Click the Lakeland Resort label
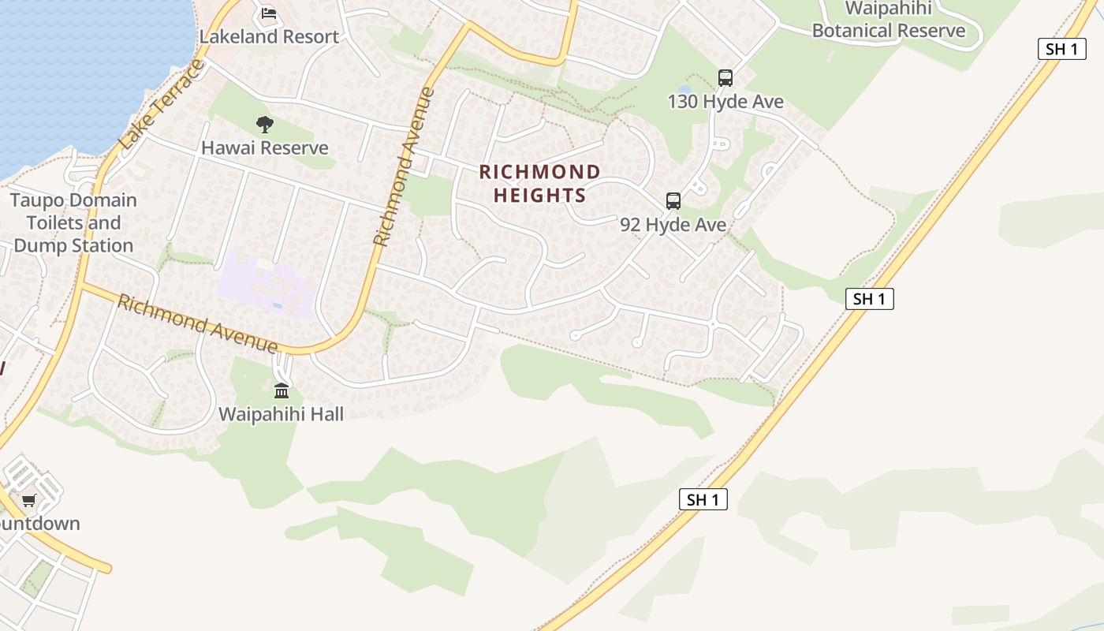pyautogui.click(x=269, y=36)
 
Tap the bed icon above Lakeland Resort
pyautogui.click(x=269, y=13)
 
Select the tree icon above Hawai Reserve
pyautogui.click(x=265, y=124)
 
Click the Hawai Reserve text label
pyautogui.click(x=265, y=147)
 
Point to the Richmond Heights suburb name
pyautogui.click(x=539, y=183)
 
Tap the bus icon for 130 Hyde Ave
pyautogui.click(x=725, y=78)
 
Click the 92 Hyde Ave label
pyautogui.click(x=673, y=225)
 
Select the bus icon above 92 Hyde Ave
pyautogui.click(x=673, y=200)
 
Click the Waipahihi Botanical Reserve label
pyautogui.click(x=889, y=20)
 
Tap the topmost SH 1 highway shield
pyautogui.click(x=1061, y=49)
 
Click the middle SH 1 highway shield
pyautogui.click(x=870, y=299)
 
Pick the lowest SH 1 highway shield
pyautogui.click(x=703, y=499)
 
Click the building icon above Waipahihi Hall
pyautogui.click(x=282, y=390)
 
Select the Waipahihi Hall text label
pyautogui.click(x=282, y=413)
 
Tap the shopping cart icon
pyautogui.click(x=29, y=500)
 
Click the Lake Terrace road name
pyautogui.click(x=162, y=103)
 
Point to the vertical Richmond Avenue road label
pyautogui.click(x=404, y=166)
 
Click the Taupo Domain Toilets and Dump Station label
pyautogui.click(x=73, y=222)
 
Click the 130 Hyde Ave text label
pyautogui.click(x=725, y=102)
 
